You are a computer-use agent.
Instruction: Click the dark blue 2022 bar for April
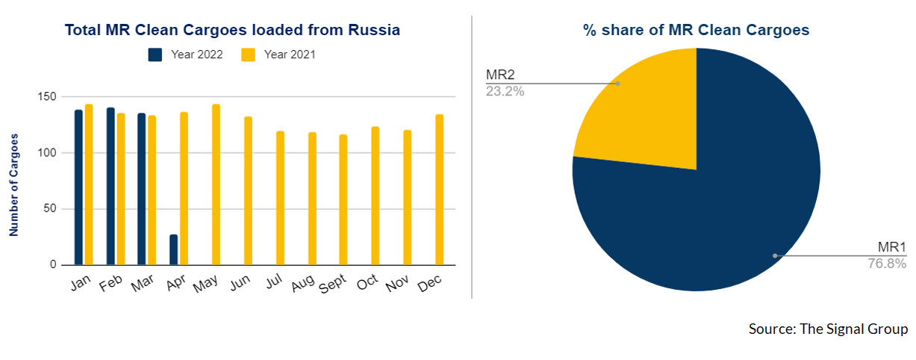click(174, 250)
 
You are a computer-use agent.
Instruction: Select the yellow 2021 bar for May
click(216, 184)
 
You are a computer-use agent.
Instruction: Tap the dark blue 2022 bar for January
click(78, 187)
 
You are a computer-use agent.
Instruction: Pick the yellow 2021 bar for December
click(440, 190)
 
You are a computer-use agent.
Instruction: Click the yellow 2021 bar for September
click(343, 199)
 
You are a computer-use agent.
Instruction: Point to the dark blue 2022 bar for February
click(110, 186)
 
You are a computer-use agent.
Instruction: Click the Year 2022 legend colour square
click(155, 55)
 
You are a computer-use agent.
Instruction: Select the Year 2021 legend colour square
click(248, 55)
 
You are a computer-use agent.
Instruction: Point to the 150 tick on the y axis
click(46, 97)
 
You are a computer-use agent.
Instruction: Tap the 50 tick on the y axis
click(50, 208)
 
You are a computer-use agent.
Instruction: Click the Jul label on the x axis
click(274, 282)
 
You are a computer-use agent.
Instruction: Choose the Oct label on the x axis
click(367, 282)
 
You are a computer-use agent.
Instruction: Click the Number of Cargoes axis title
click(14, 185)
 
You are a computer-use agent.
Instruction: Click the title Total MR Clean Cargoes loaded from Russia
click(232, 30)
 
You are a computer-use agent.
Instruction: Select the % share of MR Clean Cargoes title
click(696, 30)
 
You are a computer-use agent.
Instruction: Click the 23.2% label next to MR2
click(505, 91)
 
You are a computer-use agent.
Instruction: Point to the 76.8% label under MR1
click(887, 264)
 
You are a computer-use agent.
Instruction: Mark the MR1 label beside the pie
click(892, 247)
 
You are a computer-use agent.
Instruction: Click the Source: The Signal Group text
click(828, 329)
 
